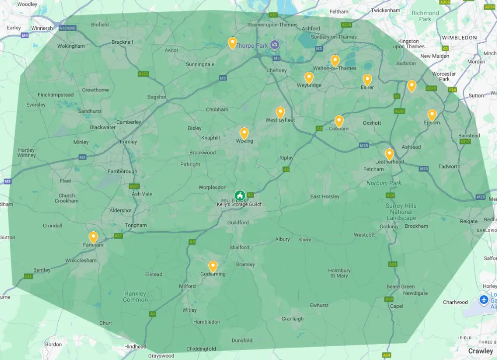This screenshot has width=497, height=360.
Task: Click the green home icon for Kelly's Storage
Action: (240, 195)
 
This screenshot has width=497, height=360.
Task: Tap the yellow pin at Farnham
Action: (93, 237)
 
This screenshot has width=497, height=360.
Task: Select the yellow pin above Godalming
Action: (213, 266)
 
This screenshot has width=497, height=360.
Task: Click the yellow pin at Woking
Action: (244, 133)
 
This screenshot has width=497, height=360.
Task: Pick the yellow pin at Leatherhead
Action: (389, 154)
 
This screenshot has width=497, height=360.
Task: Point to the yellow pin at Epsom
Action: (432, 114)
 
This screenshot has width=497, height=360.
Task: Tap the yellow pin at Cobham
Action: (339, 121)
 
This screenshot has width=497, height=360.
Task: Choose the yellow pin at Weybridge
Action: (309, 77)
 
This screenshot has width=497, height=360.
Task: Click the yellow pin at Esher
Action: (367, 79)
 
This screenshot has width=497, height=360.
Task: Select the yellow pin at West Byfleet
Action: (280, 112)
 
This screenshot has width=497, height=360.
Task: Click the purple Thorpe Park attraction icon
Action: (275, 45)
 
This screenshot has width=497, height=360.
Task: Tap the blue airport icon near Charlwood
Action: (484, 300)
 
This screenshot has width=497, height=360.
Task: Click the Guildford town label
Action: (238, 222)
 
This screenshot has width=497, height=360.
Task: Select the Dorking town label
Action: (389, 226)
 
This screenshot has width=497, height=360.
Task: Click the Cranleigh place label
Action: (292, 319)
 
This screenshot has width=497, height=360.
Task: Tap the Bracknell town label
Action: (122, 42)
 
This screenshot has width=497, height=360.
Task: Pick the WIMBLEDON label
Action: (460, 37)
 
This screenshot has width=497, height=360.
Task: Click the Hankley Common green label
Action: (135, 296)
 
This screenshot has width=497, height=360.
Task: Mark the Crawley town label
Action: (481, 351)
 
